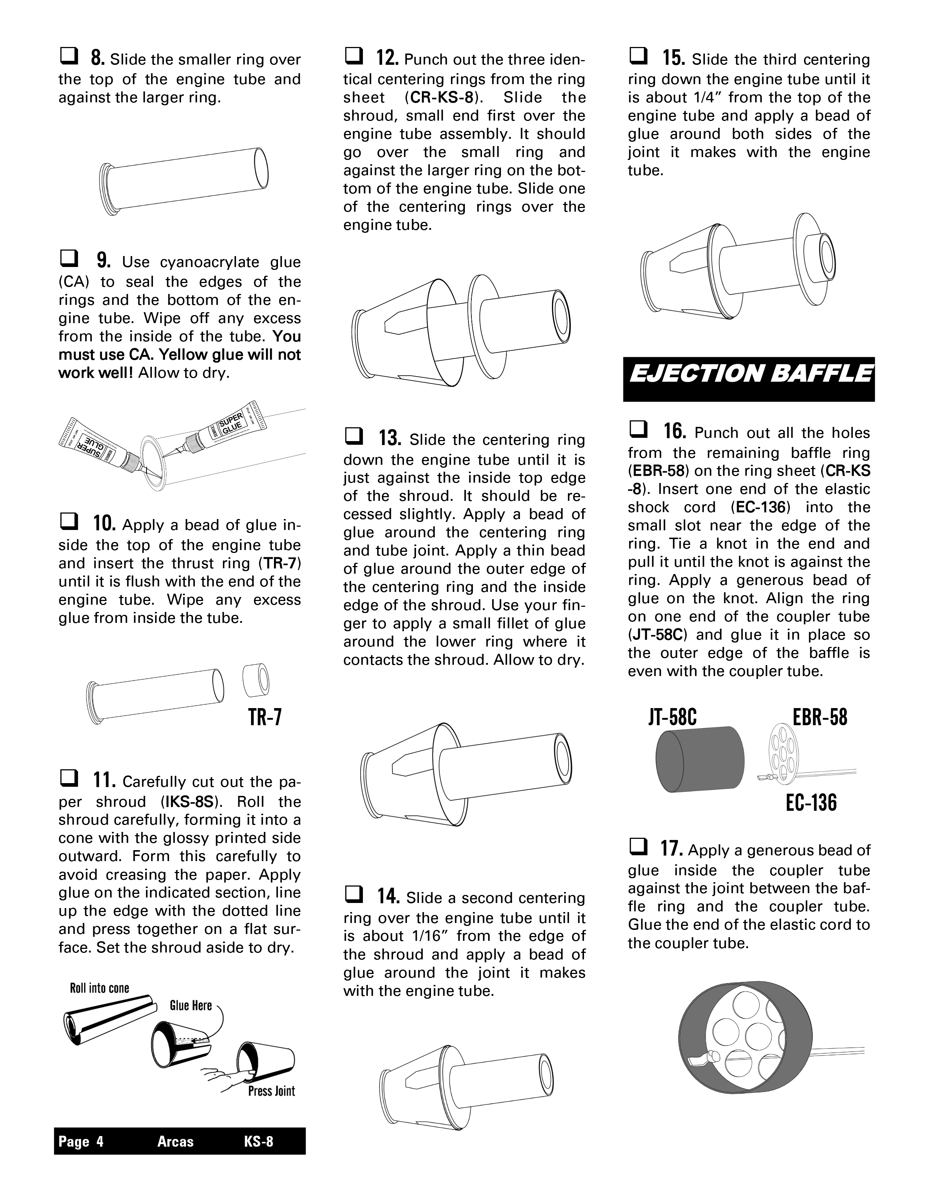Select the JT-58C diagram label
click(672, 717)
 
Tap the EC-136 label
click(811, 803)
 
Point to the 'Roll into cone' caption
click(99, 988)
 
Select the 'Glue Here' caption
click(191, 1006)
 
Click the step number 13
click(390, 439)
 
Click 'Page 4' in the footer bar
click(81, 1142)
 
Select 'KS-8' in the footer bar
click(258, 1142)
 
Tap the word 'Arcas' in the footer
click(175, 1142)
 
